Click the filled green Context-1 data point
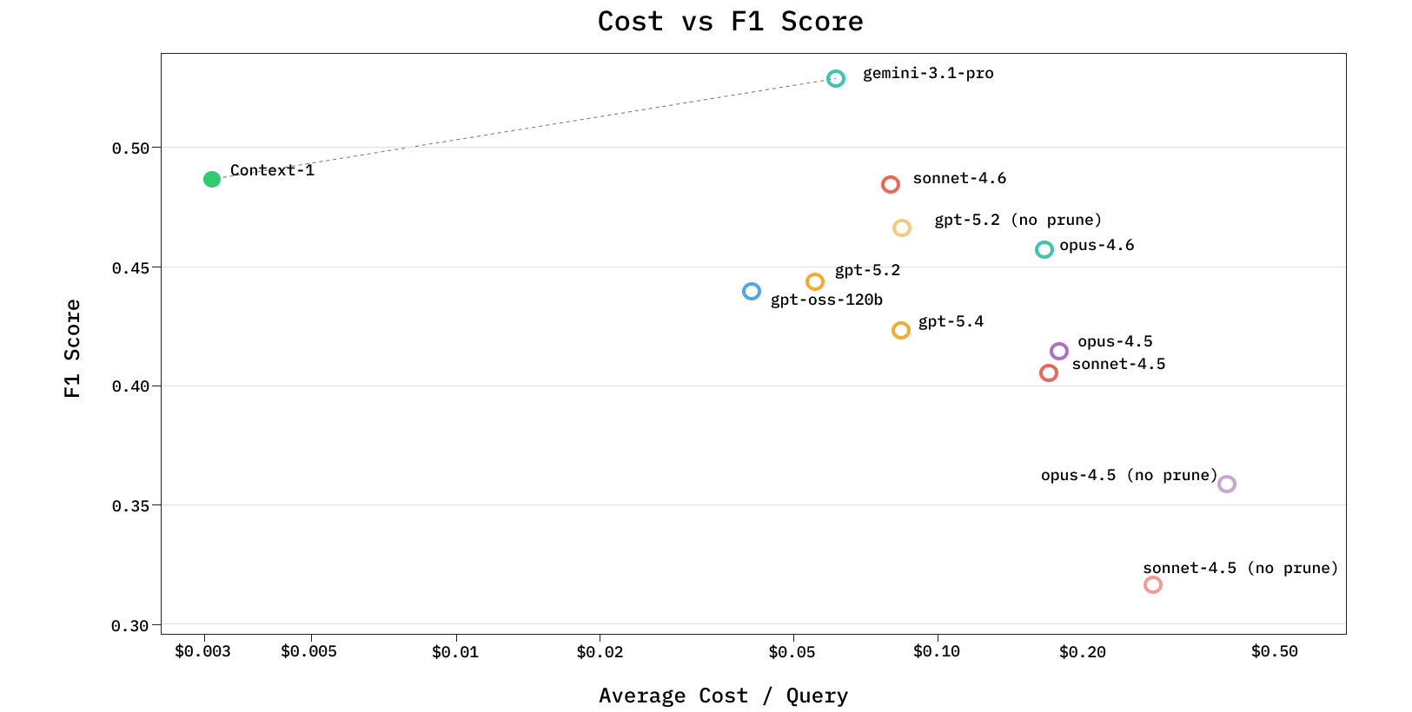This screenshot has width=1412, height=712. pos(212,180)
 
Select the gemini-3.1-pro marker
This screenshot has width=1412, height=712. pos(836,79)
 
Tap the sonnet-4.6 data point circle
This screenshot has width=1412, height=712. pos(891,185)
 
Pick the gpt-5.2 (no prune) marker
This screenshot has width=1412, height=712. pos(902,228)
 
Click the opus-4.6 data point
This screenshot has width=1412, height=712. pos(1044,250)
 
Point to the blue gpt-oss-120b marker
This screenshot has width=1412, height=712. pos(752,292)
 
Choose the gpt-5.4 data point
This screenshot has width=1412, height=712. pos(901,331)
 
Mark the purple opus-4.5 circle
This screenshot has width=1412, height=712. pos(1059,352)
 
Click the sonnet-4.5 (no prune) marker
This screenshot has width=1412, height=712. pos(1153,585)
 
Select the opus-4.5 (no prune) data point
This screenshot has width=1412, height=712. pos(1227,485)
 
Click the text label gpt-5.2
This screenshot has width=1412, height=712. pos(867,270)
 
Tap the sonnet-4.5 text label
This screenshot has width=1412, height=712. pos(1118,364)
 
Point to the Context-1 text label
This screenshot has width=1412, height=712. pos(272,170)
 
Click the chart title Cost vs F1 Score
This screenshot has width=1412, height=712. pos(730,22)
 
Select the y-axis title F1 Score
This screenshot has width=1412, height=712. pos(73,348)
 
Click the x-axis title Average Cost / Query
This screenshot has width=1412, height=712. pos(723,696)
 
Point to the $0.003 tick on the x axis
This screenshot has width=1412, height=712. pos(202,651)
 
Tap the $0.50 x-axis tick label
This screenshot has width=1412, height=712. pos(1274,651)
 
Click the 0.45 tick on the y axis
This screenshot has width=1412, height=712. pos(130,268)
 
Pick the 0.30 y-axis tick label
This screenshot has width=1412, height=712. pos(130,626)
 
